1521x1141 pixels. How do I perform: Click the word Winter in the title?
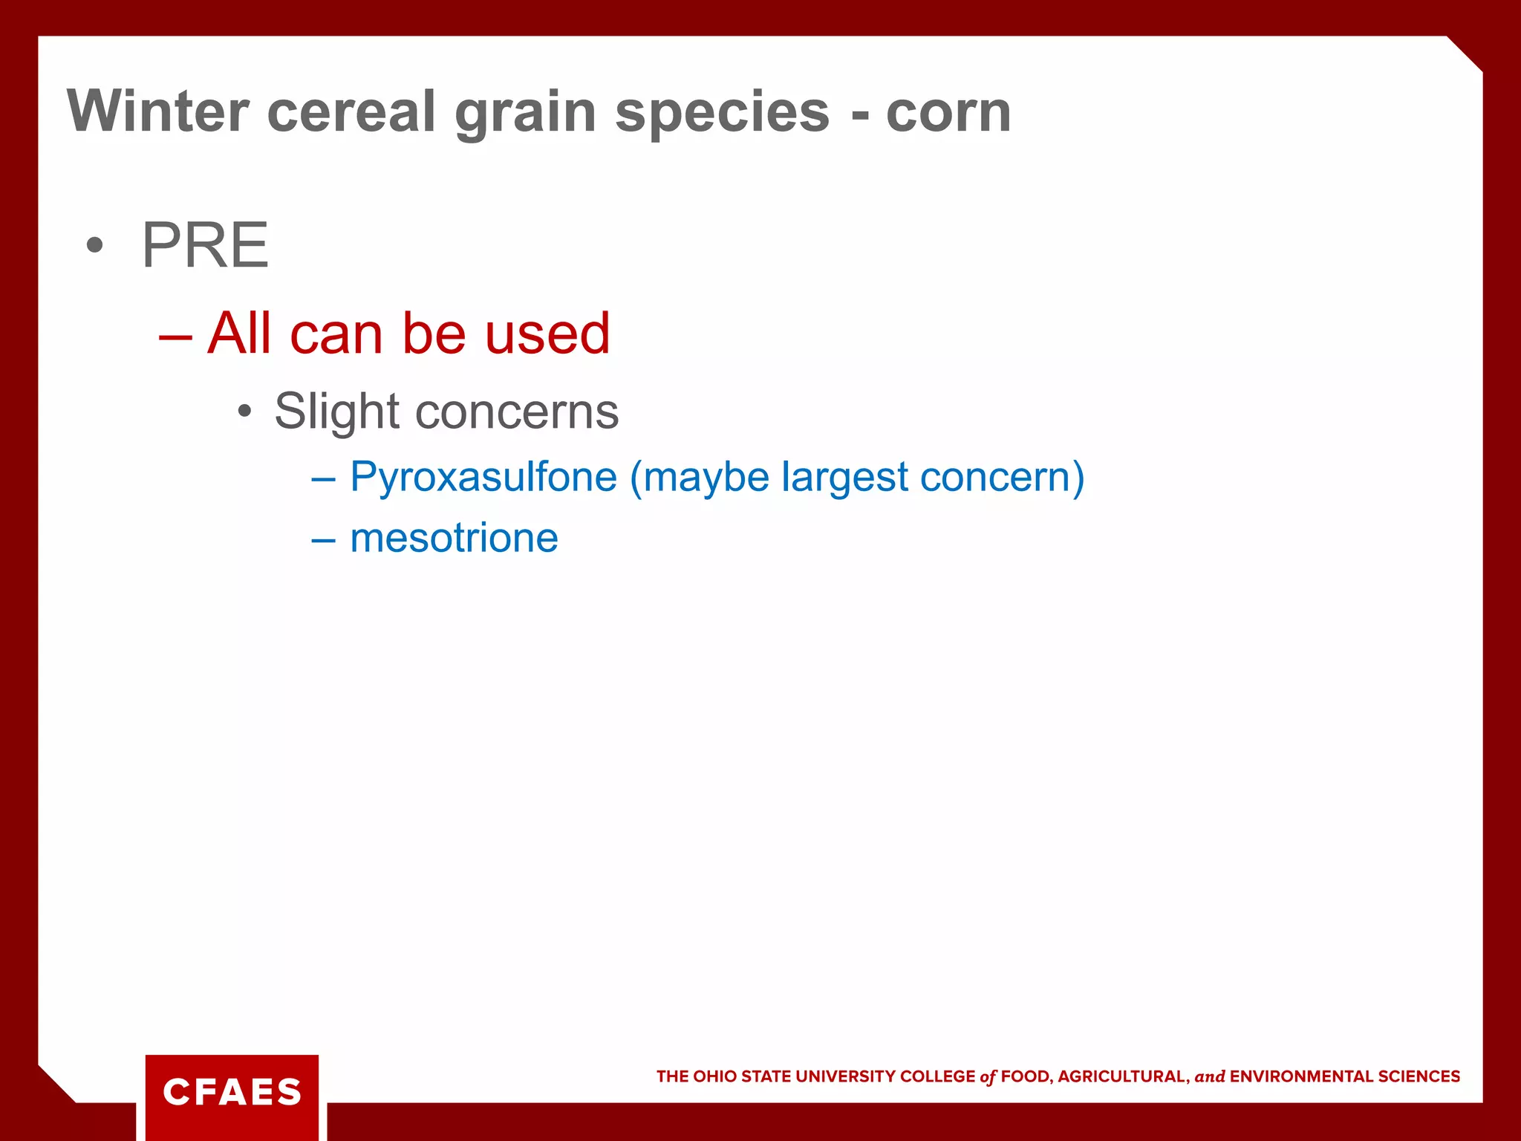point(157,111)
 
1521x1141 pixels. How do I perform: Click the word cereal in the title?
point(351,111)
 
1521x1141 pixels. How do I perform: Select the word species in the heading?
point(722,111)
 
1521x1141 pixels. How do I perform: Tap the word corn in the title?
point(948,111)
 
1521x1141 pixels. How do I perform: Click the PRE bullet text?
point(205,245)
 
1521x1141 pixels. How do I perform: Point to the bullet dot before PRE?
point(94,246)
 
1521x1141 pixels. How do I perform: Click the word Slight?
point(337,411)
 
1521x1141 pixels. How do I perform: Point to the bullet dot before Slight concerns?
point(245,412)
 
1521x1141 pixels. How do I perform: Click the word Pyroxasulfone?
point(483,476)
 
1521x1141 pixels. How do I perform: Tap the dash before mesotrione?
point(323,539)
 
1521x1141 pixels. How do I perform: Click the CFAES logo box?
point(232,1092)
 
